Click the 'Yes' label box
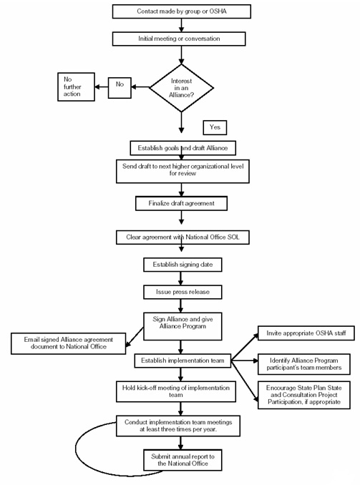pyautogui.click(x=215, y=127)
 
